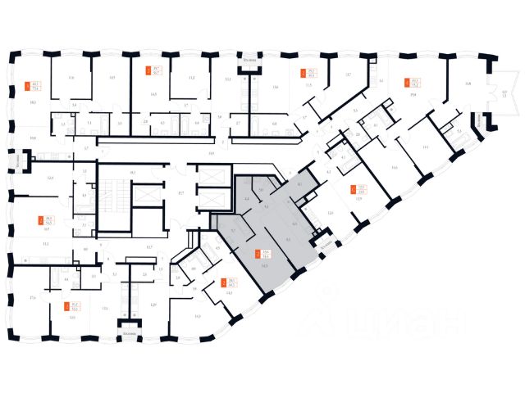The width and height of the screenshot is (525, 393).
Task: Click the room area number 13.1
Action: [425, 147]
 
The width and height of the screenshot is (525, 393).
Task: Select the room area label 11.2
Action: [190, 78]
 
